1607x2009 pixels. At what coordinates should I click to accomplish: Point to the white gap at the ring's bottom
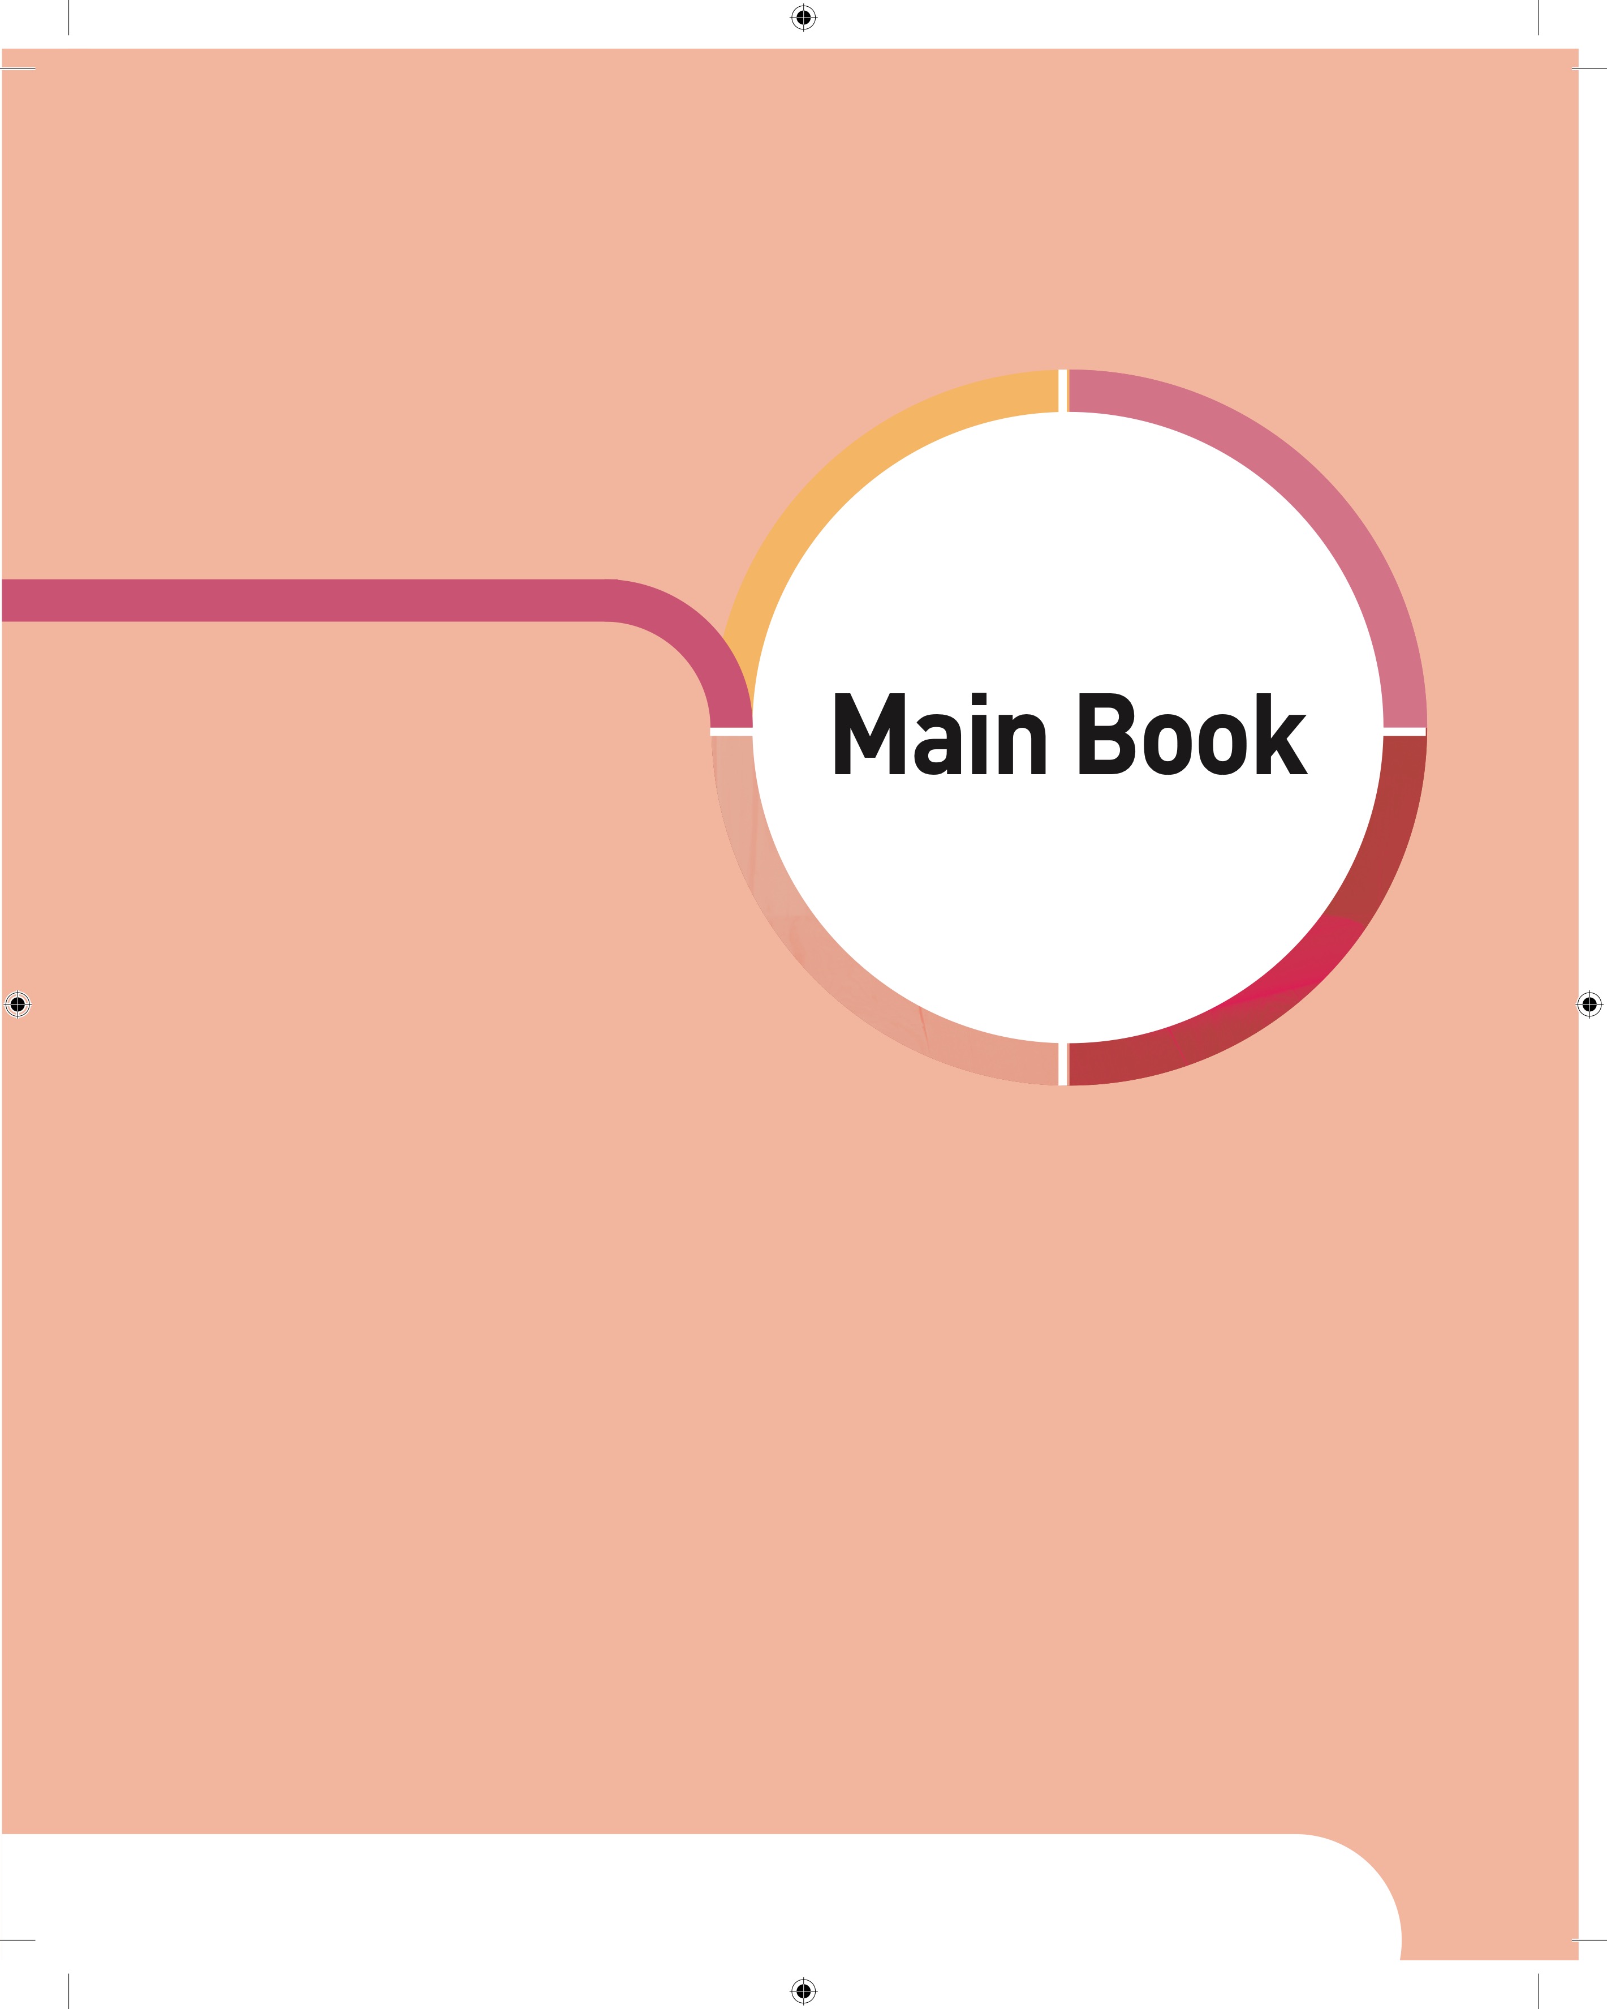(1063, 1064)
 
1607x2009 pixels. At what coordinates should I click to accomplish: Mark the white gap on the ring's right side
(1404, 732)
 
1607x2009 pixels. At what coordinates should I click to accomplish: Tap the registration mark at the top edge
(803, 18)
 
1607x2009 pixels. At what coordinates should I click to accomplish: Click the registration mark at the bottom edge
(803, 1990)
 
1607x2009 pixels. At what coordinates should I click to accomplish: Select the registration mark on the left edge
(18, 1003)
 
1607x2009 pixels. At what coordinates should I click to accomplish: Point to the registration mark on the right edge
(1589, 1003)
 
